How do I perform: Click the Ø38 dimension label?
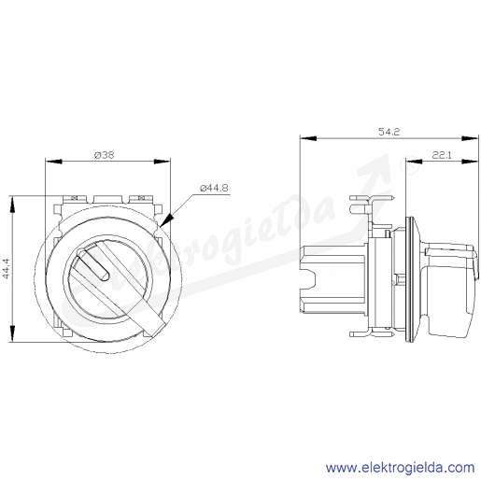point(104,155)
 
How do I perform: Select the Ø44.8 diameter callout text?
point(214,188)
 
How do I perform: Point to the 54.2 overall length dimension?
point(389,132)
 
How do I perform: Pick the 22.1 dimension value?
point(442,155)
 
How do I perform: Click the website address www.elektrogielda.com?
point(400,468)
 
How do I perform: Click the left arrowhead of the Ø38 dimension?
point(53,162)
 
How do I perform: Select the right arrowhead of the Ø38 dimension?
point(163,162)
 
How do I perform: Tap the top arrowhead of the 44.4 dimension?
point(12,205)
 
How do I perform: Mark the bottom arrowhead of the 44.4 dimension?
point(12,333)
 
